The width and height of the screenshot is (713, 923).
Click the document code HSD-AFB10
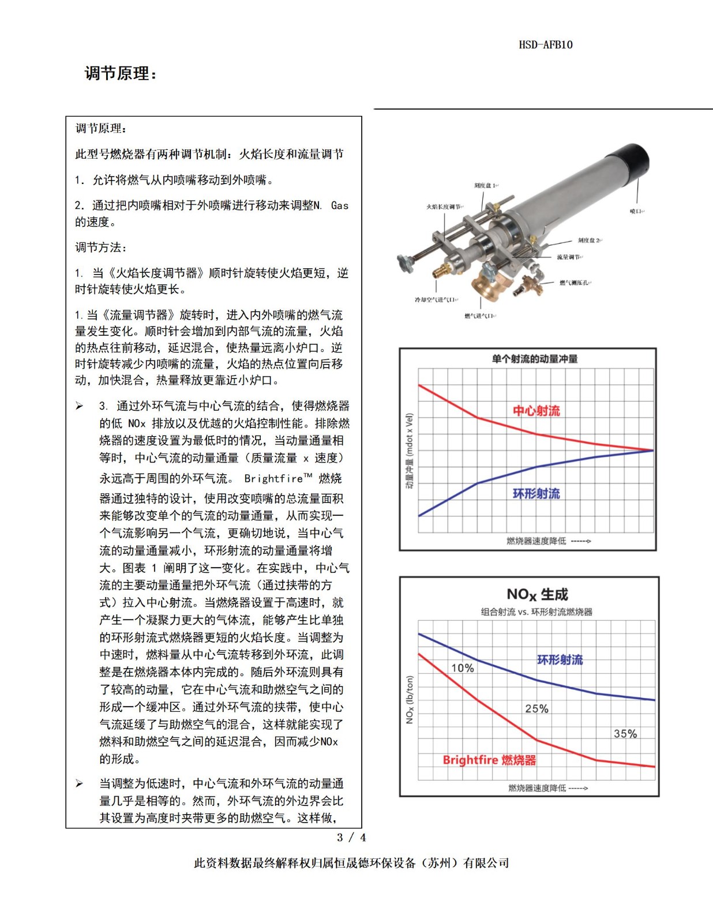tap(545, 45)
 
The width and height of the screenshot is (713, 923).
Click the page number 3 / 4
tap(351, 837)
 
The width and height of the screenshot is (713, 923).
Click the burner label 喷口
tap(636, 212)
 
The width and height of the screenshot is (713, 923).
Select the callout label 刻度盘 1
tap(485, 186)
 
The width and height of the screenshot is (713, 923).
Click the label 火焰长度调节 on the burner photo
tap(444, 207)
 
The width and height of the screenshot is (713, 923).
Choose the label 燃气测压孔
tap(575, 283)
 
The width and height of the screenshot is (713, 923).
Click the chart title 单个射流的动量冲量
tap(534, 359)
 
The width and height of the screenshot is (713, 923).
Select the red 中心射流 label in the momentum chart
tap(536, 411)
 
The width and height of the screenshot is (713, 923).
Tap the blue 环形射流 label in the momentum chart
tap(536, 494)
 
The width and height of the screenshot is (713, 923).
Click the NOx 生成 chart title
tap(537, 594)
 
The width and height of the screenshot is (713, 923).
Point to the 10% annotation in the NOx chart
tap(463, 668)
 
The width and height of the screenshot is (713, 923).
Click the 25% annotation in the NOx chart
tap(536, 708)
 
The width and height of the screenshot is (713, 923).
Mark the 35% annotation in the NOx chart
tap(625, 734)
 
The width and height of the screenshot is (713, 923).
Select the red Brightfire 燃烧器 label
tap(489, 760)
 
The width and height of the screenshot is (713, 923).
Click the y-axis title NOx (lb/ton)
tap(410, 699)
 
